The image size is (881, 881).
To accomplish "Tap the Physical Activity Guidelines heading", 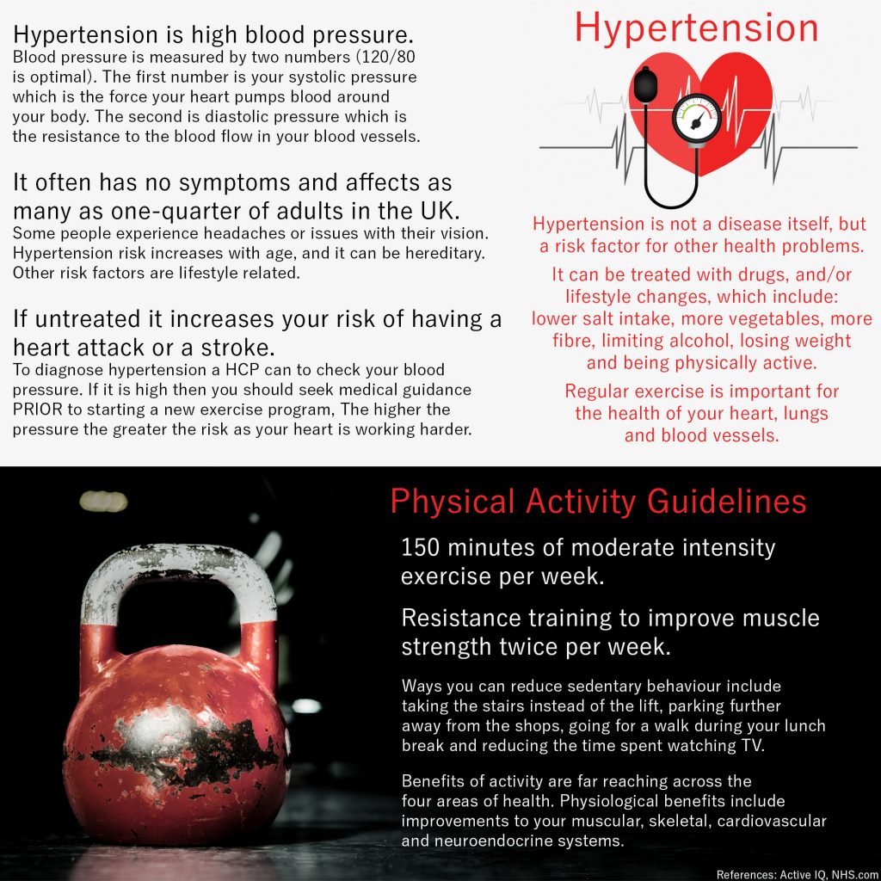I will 598,502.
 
